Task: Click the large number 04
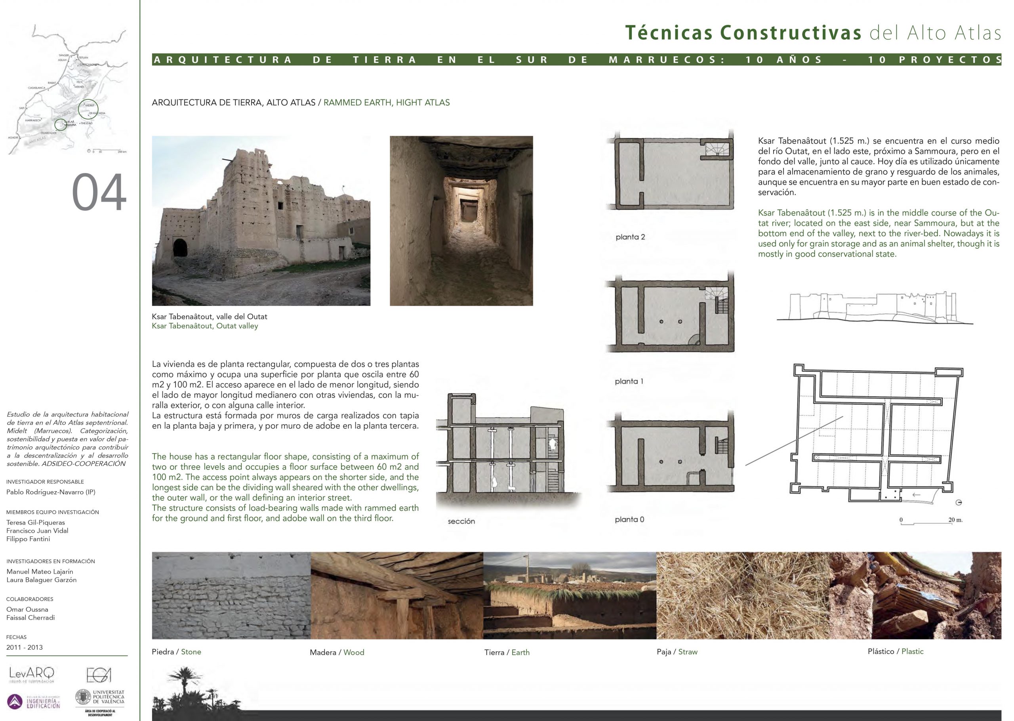99,193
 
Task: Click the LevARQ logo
32,675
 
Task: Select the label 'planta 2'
630,237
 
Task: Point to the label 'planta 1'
629,381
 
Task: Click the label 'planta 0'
629,519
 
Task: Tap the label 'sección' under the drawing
461,521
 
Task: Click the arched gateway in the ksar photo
180,254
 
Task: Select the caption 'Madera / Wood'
337,652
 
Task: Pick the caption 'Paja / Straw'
677,652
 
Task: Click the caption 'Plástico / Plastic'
896,651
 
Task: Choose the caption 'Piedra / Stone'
176,652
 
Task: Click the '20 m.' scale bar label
955,520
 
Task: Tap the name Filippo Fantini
28,539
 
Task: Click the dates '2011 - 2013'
25,647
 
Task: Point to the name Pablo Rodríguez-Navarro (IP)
51,492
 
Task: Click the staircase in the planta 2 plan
715,149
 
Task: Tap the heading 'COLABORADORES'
30,599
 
